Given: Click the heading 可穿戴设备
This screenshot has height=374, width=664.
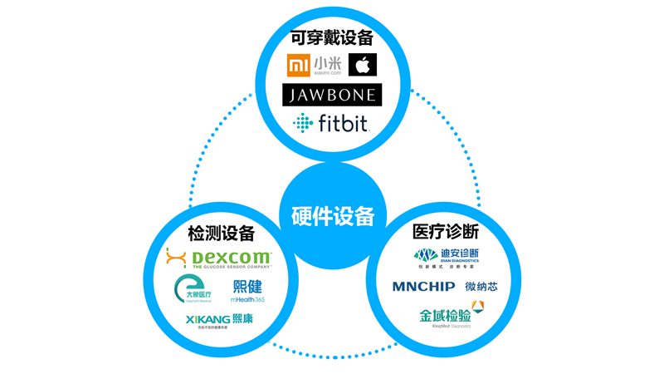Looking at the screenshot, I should tap(331, 37).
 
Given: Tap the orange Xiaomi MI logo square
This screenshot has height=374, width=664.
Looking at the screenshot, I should tap(297, 65).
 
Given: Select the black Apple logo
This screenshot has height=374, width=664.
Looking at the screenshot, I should tap(363, 65).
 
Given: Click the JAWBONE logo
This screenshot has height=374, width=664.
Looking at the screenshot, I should tap(332, 94).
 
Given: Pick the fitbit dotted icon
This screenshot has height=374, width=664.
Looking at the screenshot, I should tap(303, 124).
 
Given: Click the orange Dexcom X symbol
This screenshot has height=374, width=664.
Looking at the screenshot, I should tap(176, 258).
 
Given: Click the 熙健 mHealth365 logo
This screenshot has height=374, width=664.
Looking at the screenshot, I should tap(248, 290).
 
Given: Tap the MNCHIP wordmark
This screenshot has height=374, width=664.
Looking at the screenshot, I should tap(423, 287).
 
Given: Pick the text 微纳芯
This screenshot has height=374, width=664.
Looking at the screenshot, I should tap(481, 287).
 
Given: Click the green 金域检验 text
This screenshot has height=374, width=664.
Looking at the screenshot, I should tap(445, 315).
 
